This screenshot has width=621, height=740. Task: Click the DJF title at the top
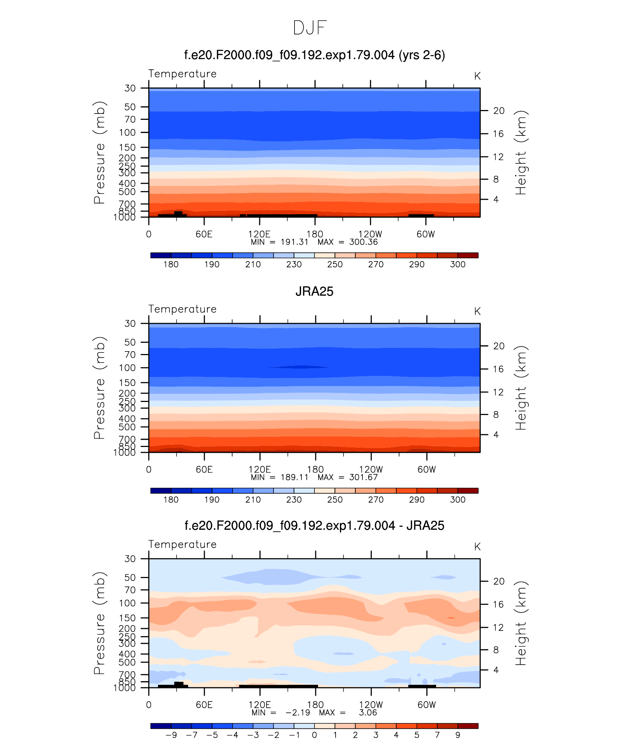pos(310,28)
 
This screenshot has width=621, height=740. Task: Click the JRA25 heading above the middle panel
pos(314,292)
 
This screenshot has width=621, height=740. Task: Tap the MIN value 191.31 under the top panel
pos(294,242)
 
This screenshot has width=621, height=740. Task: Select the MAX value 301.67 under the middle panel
pos(363,477)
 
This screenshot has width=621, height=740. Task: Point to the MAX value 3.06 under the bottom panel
pos(368,713)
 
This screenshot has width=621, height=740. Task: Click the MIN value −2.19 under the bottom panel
pos(298,713)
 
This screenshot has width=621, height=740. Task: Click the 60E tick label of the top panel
pos(204,234)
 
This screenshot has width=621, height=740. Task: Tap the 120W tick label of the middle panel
pos(371,469)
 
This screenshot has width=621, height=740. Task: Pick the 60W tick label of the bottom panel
pos(426,705)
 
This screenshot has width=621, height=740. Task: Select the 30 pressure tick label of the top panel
pos(130,88)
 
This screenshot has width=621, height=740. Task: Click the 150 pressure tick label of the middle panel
pos(127,383)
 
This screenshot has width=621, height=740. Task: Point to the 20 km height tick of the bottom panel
pos(499,581)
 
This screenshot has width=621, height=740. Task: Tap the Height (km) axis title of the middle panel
pos(521,388)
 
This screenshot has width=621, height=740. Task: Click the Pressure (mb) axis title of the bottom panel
pos(99,623)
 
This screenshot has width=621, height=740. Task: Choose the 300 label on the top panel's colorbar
pos(458,264)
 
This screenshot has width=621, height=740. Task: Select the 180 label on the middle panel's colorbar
pos(171,500)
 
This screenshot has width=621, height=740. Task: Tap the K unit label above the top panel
pos(477,76)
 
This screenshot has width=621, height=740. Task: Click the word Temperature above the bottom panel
pos(182,544)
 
